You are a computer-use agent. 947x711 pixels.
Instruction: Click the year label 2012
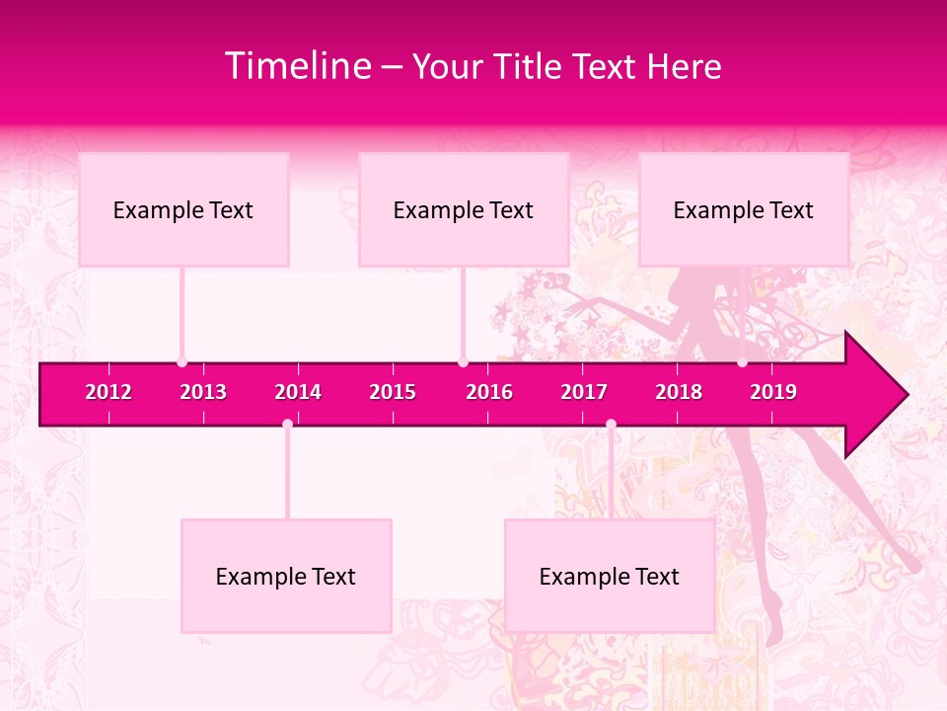coord(109,392)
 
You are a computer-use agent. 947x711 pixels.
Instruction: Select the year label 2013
coord(203,392)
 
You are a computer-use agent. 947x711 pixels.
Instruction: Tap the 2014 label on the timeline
coord(298,392)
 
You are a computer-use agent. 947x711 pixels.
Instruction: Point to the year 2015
coord(393,392)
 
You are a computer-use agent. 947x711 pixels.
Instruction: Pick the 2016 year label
coord(489,392)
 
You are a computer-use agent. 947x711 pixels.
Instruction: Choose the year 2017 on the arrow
coord(584,392)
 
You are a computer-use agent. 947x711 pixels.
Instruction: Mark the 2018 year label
coord(679,392)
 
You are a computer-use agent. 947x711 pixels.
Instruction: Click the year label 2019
coord(773,392)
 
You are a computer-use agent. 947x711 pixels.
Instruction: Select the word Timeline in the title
coord(298,66)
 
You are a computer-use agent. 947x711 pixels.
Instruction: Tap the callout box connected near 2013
coord(183,209)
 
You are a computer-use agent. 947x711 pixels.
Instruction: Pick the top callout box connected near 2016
coord(464,209)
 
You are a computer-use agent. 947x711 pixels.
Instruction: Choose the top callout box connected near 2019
coord(744,209)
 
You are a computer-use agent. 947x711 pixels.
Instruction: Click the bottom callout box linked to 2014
coord(286,576)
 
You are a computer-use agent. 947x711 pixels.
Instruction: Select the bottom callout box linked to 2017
coord(610,576)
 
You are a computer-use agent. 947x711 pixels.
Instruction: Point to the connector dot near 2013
coord(182,362)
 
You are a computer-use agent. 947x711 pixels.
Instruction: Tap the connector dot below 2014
coord(287,425)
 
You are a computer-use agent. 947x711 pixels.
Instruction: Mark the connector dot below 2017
coord(611,425)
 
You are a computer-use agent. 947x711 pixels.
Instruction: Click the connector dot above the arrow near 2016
coord(463,362)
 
